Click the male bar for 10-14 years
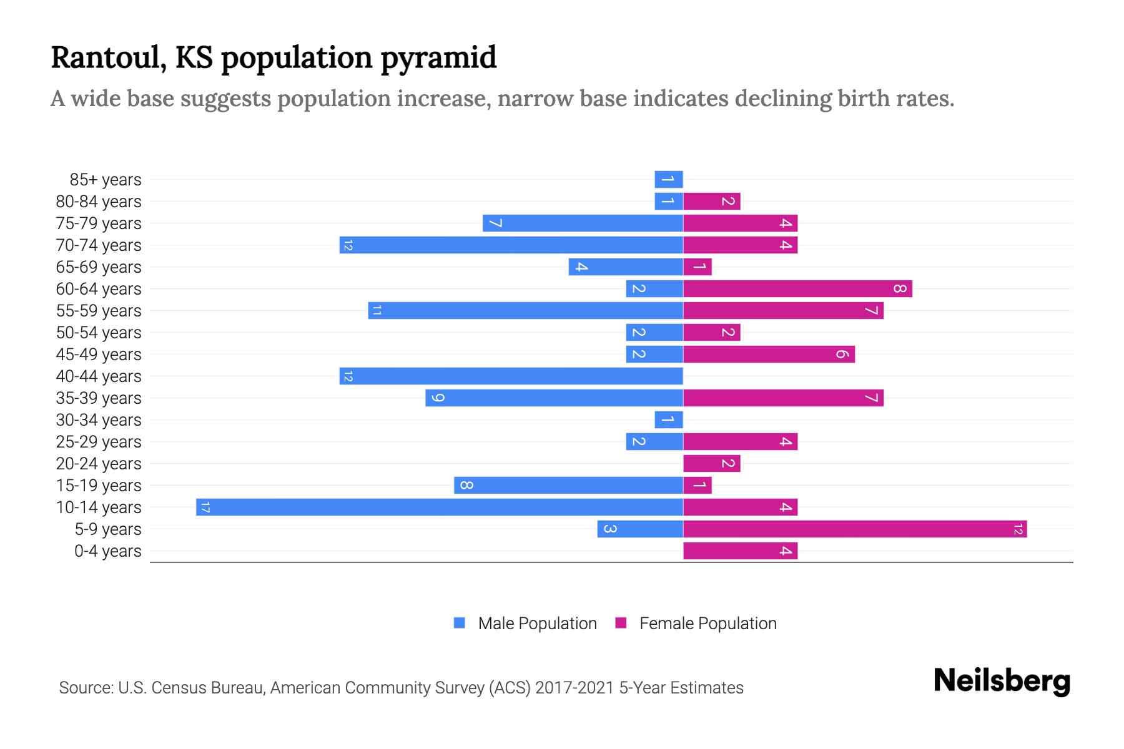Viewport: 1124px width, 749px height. tap(440, 507)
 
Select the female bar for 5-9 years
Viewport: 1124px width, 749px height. tap(855, 529)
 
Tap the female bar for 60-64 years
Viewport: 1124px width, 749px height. tap(797, 288)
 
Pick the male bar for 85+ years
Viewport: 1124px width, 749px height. tap(669, 179)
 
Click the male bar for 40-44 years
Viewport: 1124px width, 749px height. tap(511, 376)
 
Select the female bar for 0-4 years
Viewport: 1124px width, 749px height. tap(740, 551)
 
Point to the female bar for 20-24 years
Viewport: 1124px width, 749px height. tap(712, 463)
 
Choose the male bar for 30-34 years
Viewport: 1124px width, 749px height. tap(669, 419)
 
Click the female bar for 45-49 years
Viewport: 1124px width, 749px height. tap(769, 354)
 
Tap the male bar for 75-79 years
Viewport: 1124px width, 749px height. tap(583, 223)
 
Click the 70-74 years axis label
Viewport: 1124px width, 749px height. tap(99, 245)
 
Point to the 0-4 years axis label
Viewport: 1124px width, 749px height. tap(107, 551)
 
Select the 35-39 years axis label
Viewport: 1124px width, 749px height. tap(99, 398)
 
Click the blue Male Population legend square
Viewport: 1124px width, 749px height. tap(460, 623)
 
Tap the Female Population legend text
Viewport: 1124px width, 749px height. tap(707, 623)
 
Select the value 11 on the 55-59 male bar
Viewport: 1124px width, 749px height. tap(377, 310)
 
